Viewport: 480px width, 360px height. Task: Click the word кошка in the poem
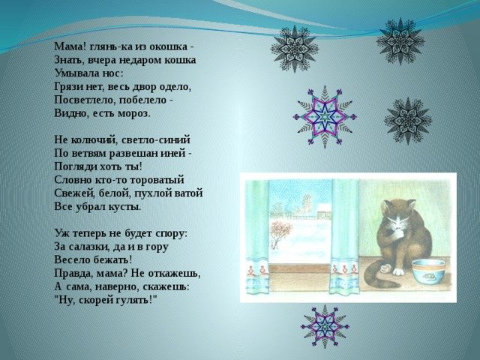coord(180,60)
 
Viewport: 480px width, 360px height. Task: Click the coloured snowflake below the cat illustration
coord(325,327)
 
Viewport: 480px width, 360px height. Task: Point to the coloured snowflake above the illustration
coord(325,117)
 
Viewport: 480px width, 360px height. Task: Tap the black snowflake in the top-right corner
coord(400,41)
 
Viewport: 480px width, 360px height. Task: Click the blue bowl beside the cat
coord(428,272)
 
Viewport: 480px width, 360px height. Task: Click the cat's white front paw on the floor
coord(398,271)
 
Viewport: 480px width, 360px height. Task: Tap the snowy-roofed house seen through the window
coord(324,211)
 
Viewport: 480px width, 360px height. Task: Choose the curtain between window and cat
coord(345,237)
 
